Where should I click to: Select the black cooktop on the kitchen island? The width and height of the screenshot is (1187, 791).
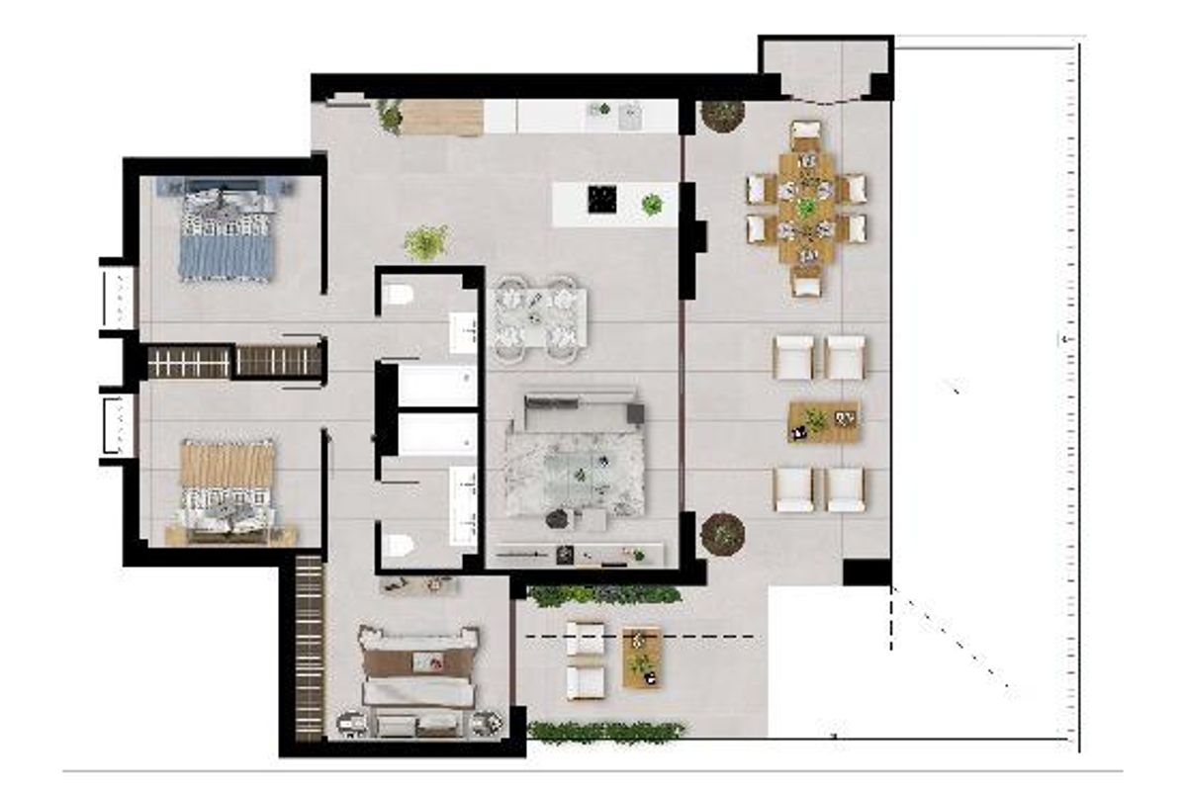tap(602, 199)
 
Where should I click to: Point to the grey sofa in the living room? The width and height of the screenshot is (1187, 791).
tap(582, 407)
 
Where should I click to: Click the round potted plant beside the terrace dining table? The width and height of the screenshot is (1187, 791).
tap(722, 114)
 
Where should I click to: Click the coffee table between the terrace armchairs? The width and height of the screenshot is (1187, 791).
tap(823, 421)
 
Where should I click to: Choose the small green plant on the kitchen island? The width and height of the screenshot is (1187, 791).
tap(652, 205)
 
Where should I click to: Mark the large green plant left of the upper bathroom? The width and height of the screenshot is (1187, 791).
tap(426, 241)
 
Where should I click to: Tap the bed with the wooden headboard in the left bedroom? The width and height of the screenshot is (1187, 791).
tap(228, 489)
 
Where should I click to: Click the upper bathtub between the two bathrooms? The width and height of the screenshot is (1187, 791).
tap(436, 385)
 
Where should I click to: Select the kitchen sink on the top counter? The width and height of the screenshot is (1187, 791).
tap(627, 118)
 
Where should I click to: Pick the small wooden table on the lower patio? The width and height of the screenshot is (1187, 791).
tap(642, 657)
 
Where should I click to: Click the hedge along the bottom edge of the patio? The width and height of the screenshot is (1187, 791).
tap(605, 732)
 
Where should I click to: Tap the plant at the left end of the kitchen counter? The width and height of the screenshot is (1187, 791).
tap(391, 117)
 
